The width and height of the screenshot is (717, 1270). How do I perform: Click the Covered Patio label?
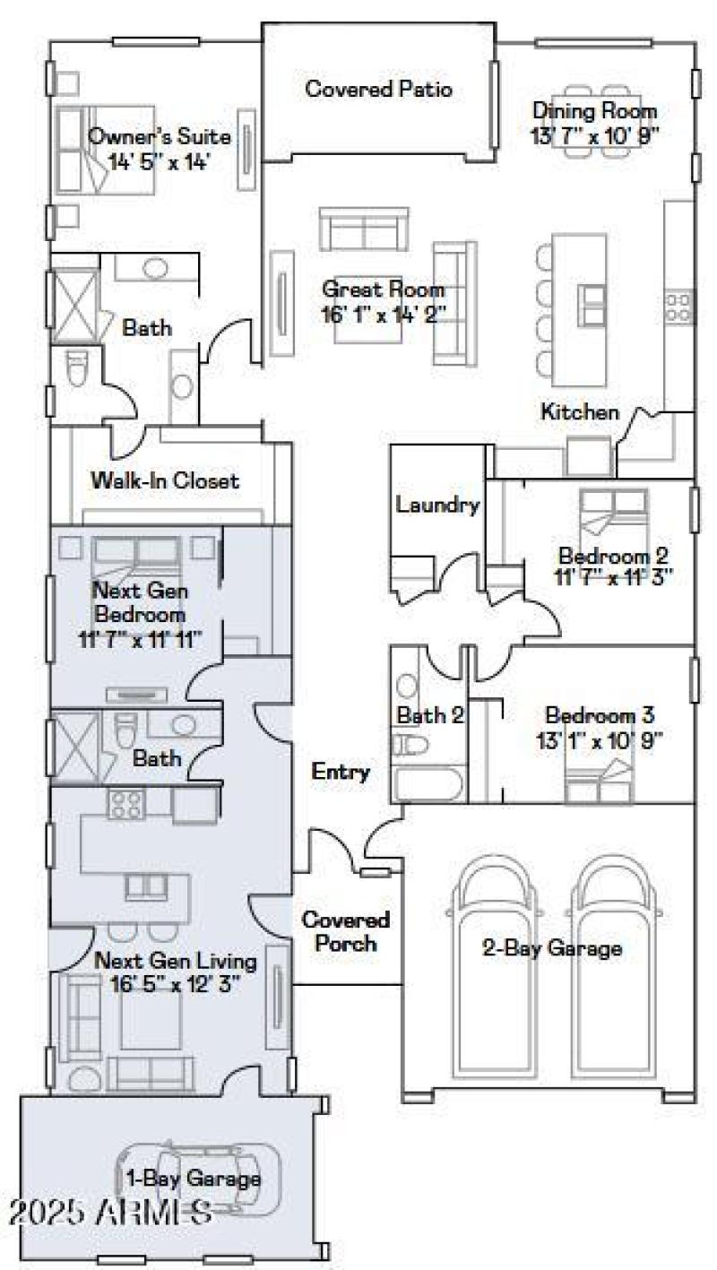pyautogui.click(x=378, y=90)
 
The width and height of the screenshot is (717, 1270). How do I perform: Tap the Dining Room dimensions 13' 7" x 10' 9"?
pyautogui.click(x=594, y=137)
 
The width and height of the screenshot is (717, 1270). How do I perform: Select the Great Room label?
pyautogui.click(x=384, y=290)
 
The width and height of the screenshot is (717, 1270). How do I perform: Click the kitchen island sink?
pyautogui.click(x=592, y=305)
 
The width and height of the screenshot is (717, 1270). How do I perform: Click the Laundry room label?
pyautogui.click(x=437, y=505)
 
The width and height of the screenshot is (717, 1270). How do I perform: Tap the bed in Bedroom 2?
pyautogui.click(x=612, y=513)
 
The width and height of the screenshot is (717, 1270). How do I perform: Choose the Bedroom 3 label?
pyautogui.click(x=600, y=716)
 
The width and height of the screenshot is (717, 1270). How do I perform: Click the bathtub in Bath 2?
pyautogui.click(x=428, y=785)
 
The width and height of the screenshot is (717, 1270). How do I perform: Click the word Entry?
pyautogui.click(x=341, y=772)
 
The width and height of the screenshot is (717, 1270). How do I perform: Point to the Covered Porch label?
pyautogui.click(x=345, y=931)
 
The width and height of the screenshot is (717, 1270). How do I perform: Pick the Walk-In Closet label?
pyautogui.click(x=165, y=481)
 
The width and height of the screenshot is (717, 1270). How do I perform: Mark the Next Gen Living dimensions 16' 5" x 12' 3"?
pyautogui.click(x=176, y=983)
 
